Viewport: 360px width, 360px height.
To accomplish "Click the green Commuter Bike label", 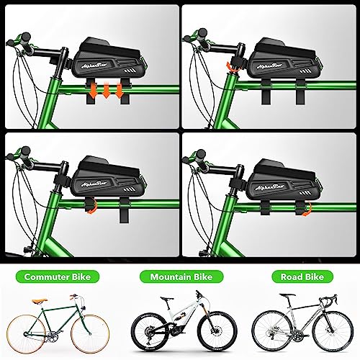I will [58, 276].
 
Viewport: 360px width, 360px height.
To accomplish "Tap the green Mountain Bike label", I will [179, 276].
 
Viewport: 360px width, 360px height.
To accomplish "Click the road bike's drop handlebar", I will [322, 303].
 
